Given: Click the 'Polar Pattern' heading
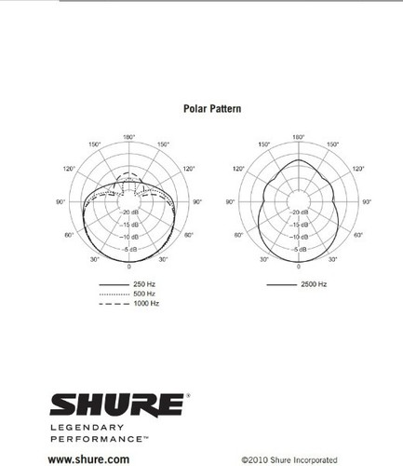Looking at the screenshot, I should coord(213,109).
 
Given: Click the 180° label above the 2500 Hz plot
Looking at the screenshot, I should coord(299,137).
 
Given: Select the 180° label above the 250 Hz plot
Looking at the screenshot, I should coord(129,137).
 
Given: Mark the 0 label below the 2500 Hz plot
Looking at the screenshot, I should coord(298,267).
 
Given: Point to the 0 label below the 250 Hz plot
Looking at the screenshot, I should coord(129,267).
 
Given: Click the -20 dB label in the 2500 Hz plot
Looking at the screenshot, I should coord(298,213).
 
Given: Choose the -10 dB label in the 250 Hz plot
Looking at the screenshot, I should coord(129,237).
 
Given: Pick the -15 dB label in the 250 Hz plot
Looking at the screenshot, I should coord(129,225).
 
